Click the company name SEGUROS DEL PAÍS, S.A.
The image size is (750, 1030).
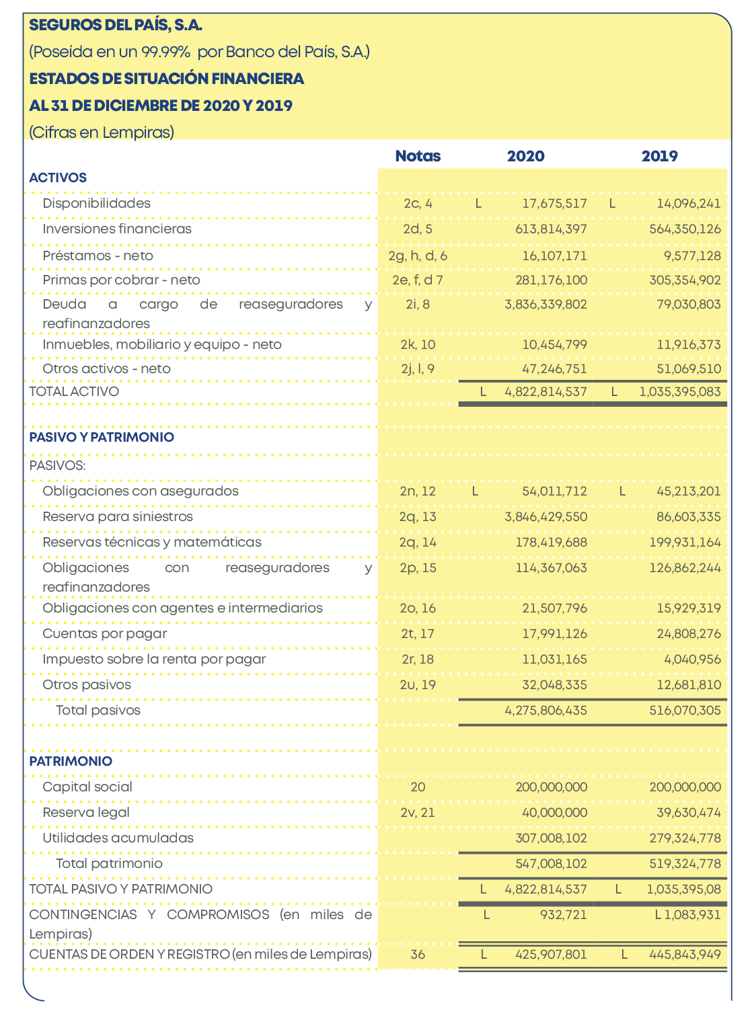coord(116,26)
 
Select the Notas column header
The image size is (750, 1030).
coord(418,156)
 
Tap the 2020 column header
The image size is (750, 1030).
coord(525,156)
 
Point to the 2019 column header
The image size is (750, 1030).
coord(659,156)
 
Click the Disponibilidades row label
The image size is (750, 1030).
coord(96,203)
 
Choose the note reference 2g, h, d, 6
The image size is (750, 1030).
coord(418,255)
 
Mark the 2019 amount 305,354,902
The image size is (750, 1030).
coord(685,280)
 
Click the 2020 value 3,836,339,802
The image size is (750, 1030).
coord(546,304)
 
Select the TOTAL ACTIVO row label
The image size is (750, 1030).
coord(74,391)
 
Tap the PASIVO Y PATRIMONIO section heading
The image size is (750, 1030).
coord(102,437)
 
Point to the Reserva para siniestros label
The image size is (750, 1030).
coord(118,516)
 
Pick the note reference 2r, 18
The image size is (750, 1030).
coord(418,659)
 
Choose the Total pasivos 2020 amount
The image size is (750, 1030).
coord(546,710)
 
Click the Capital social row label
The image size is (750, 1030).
coord(87,787)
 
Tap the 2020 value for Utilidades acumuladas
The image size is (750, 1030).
coord(551,838)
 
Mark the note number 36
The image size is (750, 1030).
coord(418,954)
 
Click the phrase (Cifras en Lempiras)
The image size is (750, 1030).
coord(102,132)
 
